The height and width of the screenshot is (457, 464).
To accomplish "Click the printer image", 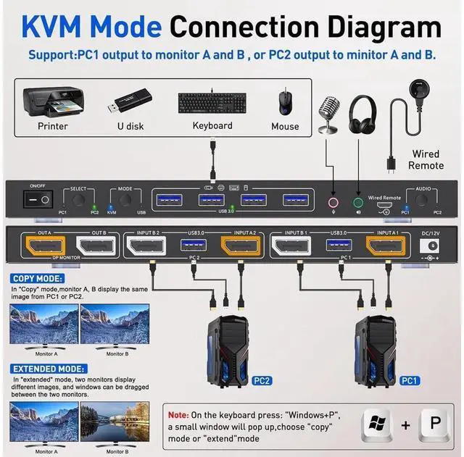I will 51,101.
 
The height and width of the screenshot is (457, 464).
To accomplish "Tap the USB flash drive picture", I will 131,101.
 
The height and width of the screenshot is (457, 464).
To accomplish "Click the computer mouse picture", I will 284,101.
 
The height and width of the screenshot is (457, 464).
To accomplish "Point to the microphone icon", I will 329,112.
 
